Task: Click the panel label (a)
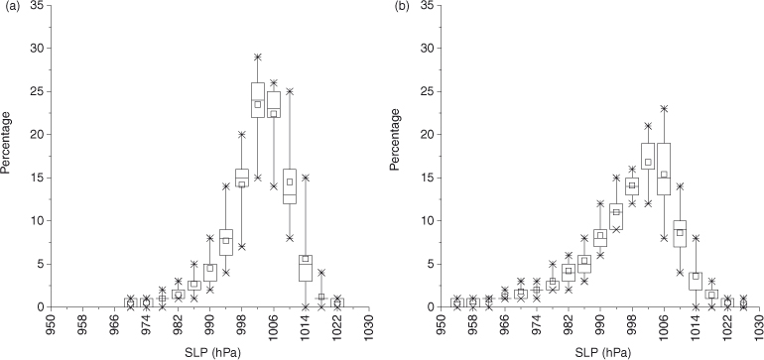(x=11, y=7)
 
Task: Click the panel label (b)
(x=401, y=7)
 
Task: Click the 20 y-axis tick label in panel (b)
(x=427, y=135)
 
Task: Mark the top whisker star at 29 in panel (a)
(x=258, y=57)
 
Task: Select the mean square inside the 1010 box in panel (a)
(x=290, y=181)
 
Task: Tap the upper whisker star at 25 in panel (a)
(x=290, y=91)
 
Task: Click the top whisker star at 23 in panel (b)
(x=664, y=109)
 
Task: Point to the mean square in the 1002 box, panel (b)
(x=648, y=162)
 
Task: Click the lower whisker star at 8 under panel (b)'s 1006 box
(x=664, y=238)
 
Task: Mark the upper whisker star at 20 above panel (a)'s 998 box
(x=242, y=135)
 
